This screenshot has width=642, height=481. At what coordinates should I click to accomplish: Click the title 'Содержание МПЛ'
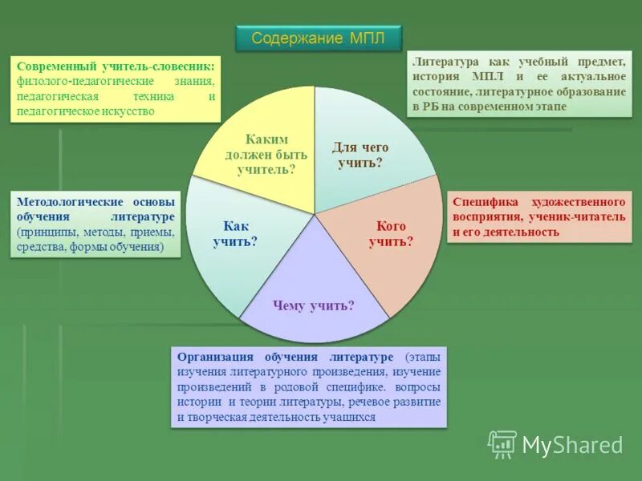tap(318, 38)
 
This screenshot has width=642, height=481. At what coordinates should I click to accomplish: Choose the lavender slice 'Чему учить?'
tap(313, 305)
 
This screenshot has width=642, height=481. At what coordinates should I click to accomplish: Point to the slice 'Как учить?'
tap(235, 233)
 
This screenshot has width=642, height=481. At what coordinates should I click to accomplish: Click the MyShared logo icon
tap(502, 444)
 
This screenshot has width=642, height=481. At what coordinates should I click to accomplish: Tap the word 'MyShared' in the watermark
tap(572, 445)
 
